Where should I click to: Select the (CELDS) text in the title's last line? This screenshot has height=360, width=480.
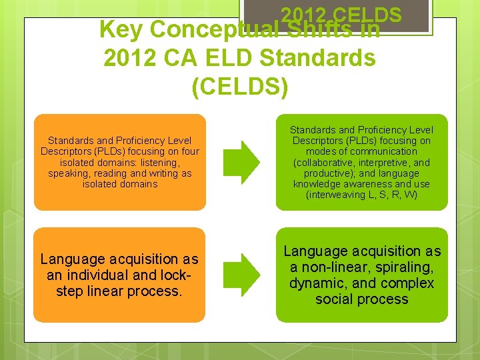click(239, 87)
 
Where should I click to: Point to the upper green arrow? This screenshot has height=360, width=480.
click(241, 162)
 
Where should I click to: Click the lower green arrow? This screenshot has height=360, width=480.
click(241, 274)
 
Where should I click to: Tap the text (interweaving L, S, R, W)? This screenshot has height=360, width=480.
click(361, 195)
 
